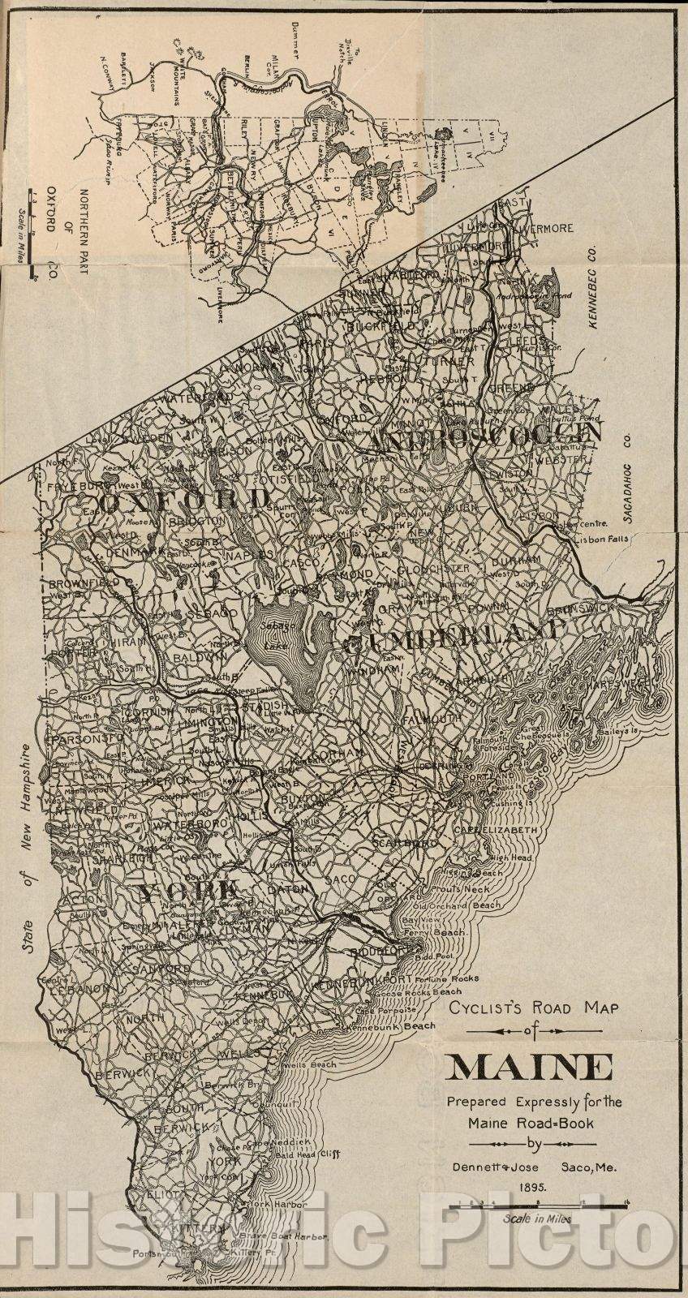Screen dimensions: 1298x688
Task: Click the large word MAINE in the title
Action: pos(529,1066)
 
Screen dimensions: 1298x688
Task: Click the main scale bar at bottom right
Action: pos(539,1207)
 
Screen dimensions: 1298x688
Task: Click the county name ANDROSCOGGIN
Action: pos(487,436)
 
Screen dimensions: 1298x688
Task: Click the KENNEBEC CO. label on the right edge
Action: pos(591,276)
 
